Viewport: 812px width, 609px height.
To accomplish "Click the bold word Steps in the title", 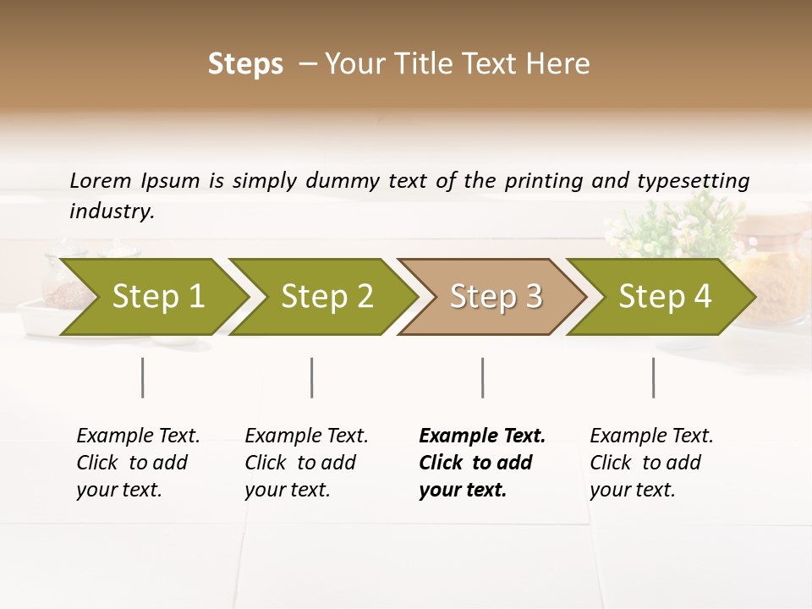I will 245,64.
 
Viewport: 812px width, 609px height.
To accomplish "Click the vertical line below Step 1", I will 143,377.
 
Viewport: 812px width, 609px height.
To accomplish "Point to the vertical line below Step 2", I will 312,377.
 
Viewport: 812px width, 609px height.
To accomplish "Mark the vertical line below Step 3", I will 482,377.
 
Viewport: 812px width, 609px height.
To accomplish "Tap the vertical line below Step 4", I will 653,377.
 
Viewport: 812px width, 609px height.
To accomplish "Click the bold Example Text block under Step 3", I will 482,463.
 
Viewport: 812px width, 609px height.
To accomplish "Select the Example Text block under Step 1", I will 138,463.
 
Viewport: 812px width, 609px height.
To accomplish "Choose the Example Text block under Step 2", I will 306,463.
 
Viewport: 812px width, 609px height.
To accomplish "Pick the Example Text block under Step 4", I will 651,463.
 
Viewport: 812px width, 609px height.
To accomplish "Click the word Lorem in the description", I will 101,180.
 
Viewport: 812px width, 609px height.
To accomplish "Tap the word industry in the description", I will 112,211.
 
